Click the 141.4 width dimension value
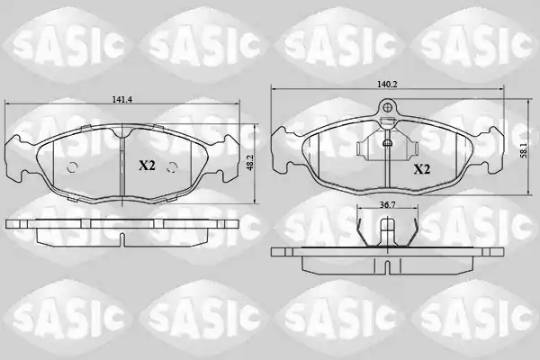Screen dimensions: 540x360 [122, 99]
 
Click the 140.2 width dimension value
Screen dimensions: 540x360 [387, 84]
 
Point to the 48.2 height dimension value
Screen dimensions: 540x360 [250, 162]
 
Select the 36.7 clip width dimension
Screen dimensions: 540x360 [387, 205]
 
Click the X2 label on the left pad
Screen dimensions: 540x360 [147, 166]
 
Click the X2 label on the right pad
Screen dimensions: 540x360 [421, 169]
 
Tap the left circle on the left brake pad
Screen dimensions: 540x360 [72, 167]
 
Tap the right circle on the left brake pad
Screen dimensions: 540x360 [172, 167]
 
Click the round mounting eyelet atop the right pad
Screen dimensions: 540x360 [387, 106]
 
